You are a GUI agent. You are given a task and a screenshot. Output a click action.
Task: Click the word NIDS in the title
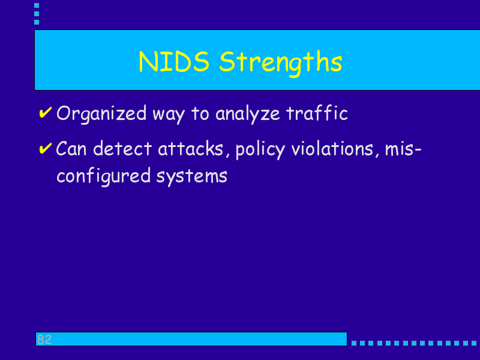[174, 62]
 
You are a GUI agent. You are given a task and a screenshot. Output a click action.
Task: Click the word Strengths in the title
[280, 63]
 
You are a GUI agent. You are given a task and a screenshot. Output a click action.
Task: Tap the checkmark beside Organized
[46, 112]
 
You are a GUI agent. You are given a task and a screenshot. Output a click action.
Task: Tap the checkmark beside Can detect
[46, 148]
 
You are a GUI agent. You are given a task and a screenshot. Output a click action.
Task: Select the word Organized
[101, 115]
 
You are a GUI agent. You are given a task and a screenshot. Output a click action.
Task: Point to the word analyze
[247, 115]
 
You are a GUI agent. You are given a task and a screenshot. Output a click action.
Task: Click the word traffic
[317, 113]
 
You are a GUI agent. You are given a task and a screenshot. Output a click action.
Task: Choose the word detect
[122, 148]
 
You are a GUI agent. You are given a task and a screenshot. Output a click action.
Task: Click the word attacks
[190, 148]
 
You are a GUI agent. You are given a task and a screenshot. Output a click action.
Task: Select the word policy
[260, 150]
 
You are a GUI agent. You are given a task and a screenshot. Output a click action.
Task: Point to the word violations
[332, 148]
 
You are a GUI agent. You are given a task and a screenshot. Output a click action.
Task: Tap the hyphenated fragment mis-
[403, 149]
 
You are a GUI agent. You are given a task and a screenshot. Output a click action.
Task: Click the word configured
[104, 176]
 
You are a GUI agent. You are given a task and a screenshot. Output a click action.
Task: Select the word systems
[192, 178]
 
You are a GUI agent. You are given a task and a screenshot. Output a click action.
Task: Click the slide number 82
[44, 340]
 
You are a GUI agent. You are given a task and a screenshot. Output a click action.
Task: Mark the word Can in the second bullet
[71, 149]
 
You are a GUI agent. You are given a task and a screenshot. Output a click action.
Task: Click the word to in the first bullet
[200, 113]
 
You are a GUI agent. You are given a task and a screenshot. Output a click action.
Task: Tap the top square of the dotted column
[37, 5]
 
